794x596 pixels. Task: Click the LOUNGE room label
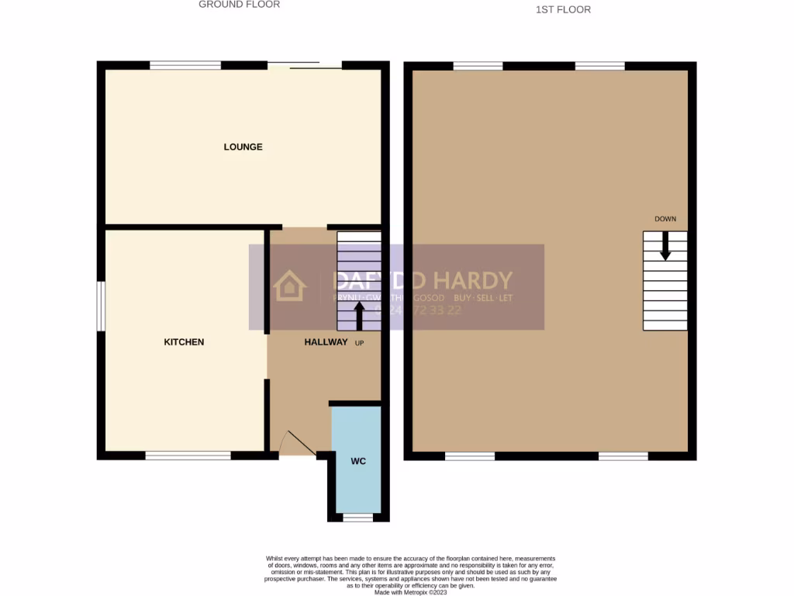tap(243, 147)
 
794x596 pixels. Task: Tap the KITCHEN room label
tap(184, 341)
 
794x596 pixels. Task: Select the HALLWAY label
tap(326, 341)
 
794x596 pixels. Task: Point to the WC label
tap(357, 461)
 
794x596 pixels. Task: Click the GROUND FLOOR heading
tap(239, 5)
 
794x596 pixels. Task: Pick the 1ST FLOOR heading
tap(563, 10)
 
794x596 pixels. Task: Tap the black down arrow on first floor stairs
tap(665, 247)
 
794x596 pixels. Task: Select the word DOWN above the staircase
tap(665, 219)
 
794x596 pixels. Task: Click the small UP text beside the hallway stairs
tap(359, 342)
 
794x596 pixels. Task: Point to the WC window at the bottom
tap(357, 517)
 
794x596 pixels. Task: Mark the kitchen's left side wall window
tap(101, 306)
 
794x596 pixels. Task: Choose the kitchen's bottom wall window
tap(188, 456)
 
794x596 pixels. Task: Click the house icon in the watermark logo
tap(290, 286)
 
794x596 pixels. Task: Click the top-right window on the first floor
tap(599, 66)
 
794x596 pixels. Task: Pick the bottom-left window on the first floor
tap(470, 456)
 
